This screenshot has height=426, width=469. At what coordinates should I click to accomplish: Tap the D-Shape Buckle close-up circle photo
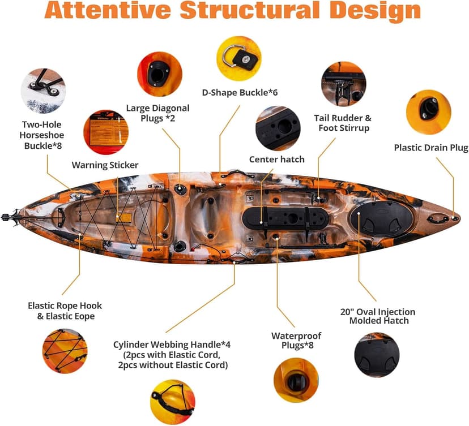[x=238, y=58]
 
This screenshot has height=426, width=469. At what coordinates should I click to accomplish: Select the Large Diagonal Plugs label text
[x=157, y=113]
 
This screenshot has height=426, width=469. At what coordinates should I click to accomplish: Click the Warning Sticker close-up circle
[x=106, y=132]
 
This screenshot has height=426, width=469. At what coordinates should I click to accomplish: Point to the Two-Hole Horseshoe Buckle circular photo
[x=43, y=91]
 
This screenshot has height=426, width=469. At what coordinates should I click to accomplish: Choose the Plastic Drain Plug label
[x=430, y=148]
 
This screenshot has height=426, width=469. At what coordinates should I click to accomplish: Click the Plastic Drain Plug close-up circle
[x=429, y=112]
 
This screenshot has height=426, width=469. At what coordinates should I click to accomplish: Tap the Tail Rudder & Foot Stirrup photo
[x=344, y=84]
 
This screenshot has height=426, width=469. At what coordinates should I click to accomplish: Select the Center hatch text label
[x=276, y=159]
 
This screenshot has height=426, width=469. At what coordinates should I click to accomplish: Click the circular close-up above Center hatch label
[x=278, y=128]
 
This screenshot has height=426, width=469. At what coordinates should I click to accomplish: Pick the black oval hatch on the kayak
[x=382, y=219]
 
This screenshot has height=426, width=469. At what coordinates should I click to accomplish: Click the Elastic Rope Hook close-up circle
[x=65, y=351]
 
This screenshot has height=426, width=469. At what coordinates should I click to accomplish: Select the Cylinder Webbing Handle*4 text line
[x=172, y=345]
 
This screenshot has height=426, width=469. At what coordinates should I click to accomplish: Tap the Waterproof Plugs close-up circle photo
[x=296, y=380]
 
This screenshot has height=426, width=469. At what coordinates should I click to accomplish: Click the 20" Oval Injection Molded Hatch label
[x=378, y=316]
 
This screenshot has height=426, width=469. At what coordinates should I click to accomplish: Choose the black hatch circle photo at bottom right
[x=377, y=355]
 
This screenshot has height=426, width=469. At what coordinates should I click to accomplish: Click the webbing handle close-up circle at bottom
[x=173, y=402]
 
